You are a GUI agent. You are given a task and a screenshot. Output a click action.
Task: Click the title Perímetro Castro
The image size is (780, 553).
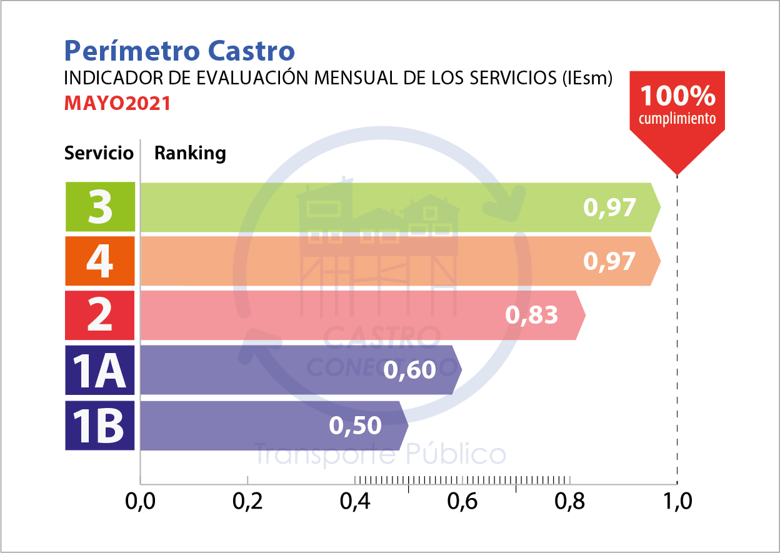click(179, 50)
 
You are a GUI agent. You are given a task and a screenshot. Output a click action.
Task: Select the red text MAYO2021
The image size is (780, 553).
click(117, 104)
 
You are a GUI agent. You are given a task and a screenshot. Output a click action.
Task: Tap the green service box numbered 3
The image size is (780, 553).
click(100, 207)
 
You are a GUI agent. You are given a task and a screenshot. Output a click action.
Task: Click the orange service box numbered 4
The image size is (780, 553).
click(100, 261)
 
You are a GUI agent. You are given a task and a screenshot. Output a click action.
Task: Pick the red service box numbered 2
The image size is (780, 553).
click(100, 316)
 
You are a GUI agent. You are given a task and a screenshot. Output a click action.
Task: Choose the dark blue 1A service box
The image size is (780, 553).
click(100, 370)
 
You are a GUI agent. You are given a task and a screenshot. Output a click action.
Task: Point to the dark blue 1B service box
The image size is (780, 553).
click(100, 425)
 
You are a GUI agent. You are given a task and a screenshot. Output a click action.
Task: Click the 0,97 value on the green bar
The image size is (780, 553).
click(609, 207)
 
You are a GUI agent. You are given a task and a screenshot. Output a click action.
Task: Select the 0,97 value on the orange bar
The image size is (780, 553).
click(609, 261)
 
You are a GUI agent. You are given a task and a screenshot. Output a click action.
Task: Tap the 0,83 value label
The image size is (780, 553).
click(531, 316)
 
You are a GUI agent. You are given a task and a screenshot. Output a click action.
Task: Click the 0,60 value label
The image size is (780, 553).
click(409, 370)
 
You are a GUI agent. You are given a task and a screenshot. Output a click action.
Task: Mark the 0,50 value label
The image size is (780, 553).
click(355, 426)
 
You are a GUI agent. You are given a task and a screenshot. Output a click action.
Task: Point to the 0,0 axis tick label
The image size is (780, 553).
click(140, 501)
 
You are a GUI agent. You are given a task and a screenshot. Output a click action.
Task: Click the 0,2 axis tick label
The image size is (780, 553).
click(247, 501)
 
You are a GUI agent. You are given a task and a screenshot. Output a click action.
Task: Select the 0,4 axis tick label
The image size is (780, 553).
click(354, 501)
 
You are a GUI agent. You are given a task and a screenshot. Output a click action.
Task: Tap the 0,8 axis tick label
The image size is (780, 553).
click(569, 501)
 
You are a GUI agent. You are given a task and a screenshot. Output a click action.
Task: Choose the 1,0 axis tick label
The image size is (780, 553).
click(677, 501)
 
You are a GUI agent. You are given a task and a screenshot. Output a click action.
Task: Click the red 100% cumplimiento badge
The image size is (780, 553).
click(677, 106)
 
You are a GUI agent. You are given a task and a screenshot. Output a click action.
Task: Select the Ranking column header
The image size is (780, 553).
click(190, 153)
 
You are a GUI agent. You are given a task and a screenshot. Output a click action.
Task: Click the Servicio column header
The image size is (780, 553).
click(99, 153)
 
